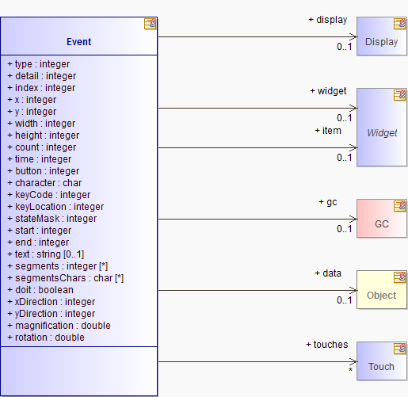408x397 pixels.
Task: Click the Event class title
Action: pyautogui.click(x=78, y=42)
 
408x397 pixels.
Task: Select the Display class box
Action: pyautogui.click(x=382, y=36)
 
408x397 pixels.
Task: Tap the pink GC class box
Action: pyautogui.click(x=382, y=219)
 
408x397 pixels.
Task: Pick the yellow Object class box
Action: pyautogui.click(x=382, y=290)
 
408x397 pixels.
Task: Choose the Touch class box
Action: pyautogui.click(x=382, y=361)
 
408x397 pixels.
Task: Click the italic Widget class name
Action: pyautogui.click(x=382, y=133)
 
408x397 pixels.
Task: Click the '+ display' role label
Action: pyautogui.click(x=328, y=20)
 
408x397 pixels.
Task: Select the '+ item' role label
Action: pyautogui.click(x=328, y=131)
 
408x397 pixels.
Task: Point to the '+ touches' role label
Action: pyautogui.click(x=327, y=345)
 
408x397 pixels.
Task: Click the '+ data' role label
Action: pyautogui.click(x=328, y=273)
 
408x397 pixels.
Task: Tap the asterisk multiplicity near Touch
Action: pyautogui.click(x=350, y=370)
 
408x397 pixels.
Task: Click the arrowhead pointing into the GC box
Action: pyautogui.click(x=353, y=219)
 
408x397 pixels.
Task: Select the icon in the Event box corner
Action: pyautogui.click(x=150, y=24)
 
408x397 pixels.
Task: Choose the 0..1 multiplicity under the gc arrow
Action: pyautogui.click(x=345, y=229)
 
